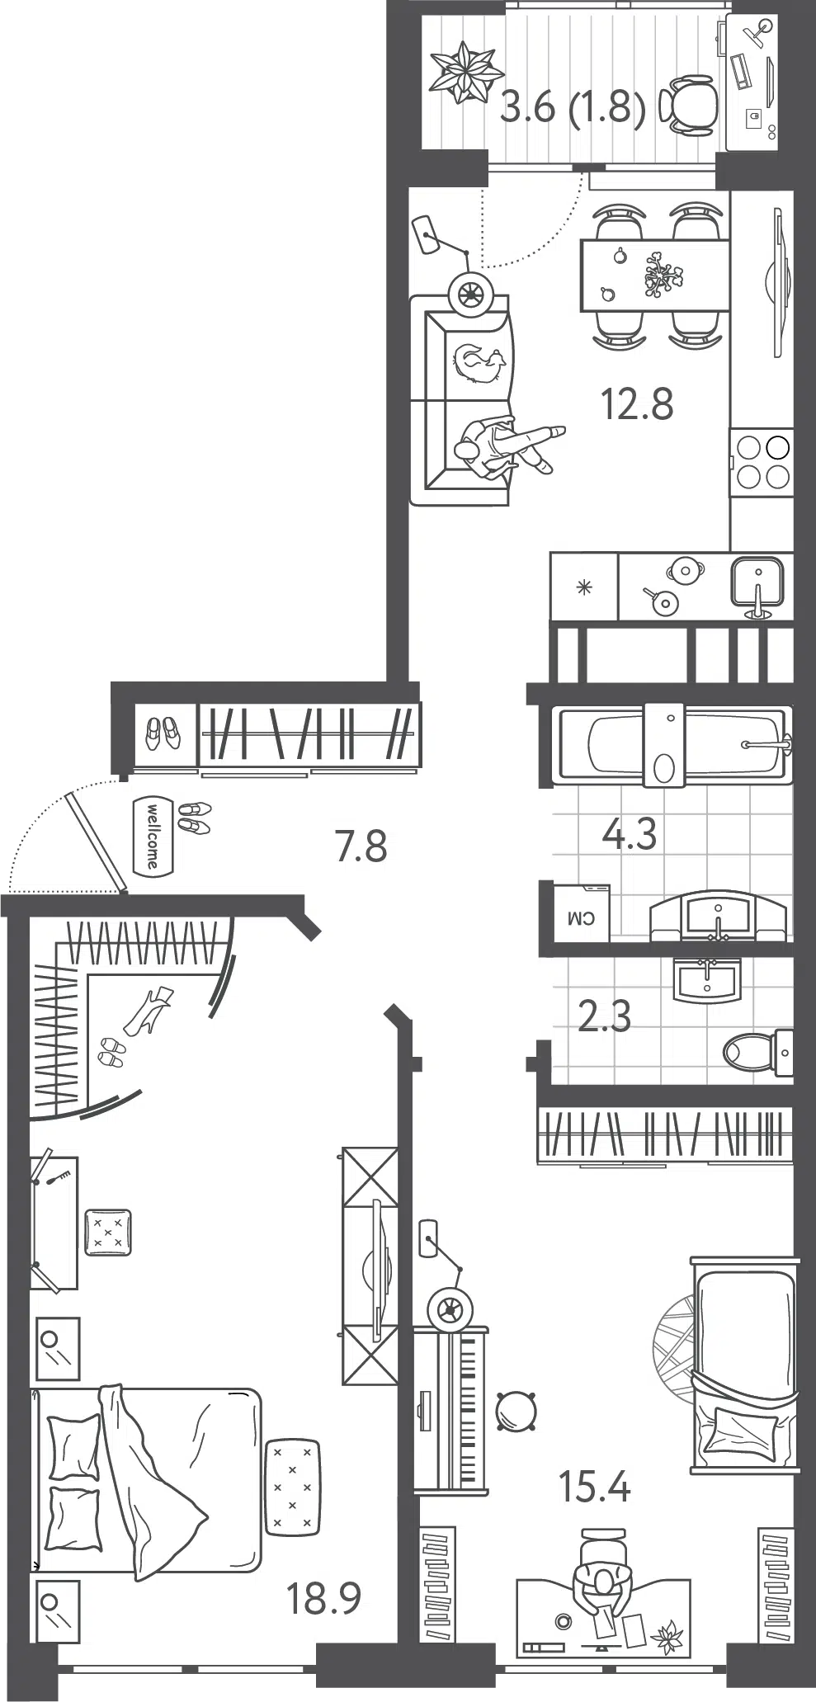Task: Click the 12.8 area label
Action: [636, 404]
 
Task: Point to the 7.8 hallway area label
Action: [361, 846]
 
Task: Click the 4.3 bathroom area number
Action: [630, 834]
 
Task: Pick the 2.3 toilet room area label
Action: [605, 1016]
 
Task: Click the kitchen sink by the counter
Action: [757, 584]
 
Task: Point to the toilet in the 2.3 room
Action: [758, 1053]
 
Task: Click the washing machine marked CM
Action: [582, 913]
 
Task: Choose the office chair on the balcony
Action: [691, 105]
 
